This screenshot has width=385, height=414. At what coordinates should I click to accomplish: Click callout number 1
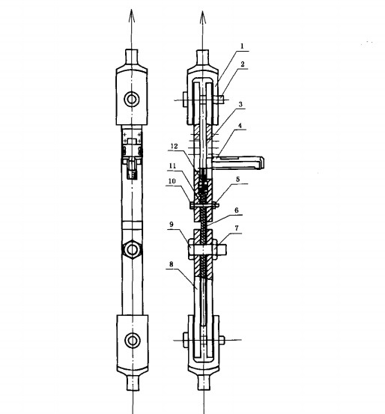coord(241,46)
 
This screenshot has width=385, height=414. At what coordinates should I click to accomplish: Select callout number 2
coord(243,64)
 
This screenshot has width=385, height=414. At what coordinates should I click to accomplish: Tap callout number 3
coord(240,104)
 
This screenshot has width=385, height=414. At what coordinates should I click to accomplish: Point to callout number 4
coord(240,126)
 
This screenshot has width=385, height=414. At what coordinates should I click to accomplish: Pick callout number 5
coord(237,179)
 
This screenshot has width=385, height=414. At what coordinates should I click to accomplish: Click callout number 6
coord(237,210)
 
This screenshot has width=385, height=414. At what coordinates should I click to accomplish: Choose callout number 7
coord(237,228)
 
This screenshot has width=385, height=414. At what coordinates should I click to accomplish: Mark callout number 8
coord(172,264)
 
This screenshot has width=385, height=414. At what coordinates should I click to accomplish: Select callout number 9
coord(172,225)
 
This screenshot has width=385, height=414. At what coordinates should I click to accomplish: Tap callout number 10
coord(172,181)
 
